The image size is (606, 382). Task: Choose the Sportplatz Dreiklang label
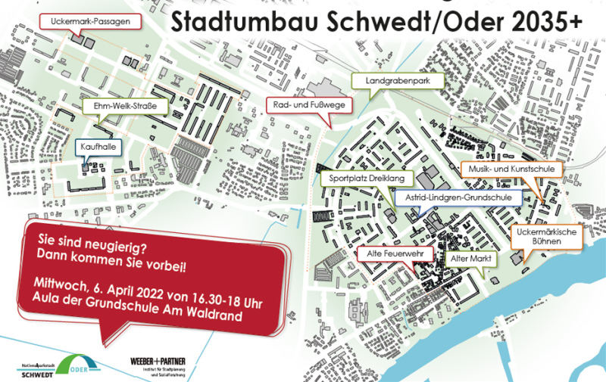pyautogui.click(x=367, y=177)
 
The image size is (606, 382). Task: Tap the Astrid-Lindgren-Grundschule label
pyautogui.click(x=457, y=197)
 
